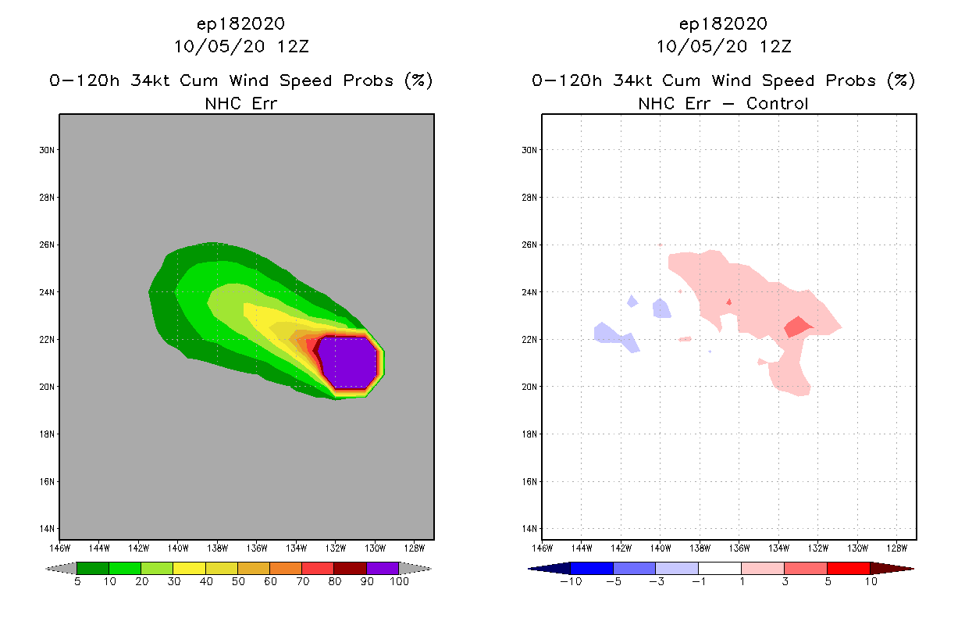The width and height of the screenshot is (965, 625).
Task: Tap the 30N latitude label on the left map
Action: click(x=46, y=150)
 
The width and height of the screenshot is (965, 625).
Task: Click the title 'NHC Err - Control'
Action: click(x=723, y=103)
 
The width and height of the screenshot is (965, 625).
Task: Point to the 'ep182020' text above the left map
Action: click(x=240, y=23)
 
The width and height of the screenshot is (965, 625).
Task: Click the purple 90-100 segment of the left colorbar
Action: click(x=383, y=568)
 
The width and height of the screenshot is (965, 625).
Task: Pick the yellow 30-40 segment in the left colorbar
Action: click(x=189, y=568)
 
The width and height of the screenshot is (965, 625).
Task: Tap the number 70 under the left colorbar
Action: click(x=302, y=581)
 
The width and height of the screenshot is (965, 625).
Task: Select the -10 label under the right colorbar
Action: click(x=571, y=581)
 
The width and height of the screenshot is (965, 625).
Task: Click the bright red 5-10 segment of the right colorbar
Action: click(x=848, y=568)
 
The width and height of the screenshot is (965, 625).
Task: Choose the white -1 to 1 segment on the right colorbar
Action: click(x=719, y=568)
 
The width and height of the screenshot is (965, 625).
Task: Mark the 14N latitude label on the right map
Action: click(x=529, y=529)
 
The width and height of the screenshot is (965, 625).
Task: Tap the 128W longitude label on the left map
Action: click(x=415, y=548)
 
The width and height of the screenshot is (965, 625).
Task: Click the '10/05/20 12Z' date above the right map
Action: click(x=723, y=46)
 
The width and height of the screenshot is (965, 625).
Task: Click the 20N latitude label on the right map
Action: click(x=529, y=387)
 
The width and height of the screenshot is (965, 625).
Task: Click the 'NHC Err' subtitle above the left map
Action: click(x=240, y=103)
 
